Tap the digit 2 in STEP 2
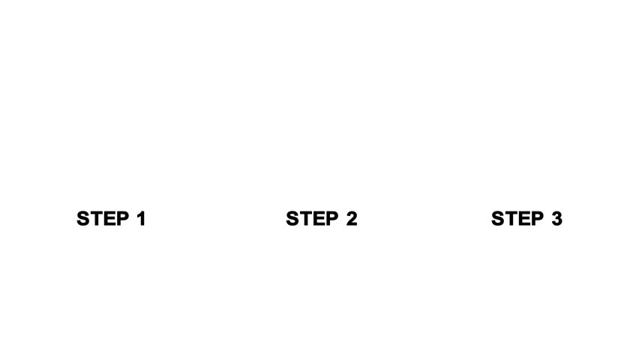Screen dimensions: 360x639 (x=350, y=219)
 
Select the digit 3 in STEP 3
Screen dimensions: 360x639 (x=556, y=219)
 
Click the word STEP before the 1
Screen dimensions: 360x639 (x=101, y=219)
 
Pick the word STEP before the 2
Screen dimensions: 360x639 (x=310, y=219)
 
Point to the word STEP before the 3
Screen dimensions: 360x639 (x=516, y=219)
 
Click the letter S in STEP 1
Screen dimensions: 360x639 (x=83, y=219)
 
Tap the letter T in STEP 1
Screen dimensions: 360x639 (x=95, y=219)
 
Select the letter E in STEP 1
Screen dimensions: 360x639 (x=107, y=219)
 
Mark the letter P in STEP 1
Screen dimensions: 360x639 (x=119, y=219)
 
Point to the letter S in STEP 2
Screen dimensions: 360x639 (x=292, y=219)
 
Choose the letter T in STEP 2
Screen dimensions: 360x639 (x=304, y=219)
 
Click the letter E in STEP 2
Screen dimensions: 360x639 (x=316, y=219)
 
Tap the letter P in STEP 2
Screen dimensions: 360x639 (x=329, y=219)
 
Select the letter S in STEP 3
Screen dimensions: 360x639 (x=498, y=219)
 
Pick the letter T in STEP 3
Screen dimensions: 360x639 (x=510, y=219)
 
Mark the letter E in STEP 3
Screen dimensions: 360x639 (x=522, y=219)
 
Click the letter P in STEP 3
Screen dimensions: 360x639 (x=535, y=219)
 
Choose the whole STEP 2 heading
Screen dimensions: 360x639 (x=322, y=219)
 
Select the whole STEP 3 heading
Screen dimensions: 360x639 (x=526, y=219)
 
